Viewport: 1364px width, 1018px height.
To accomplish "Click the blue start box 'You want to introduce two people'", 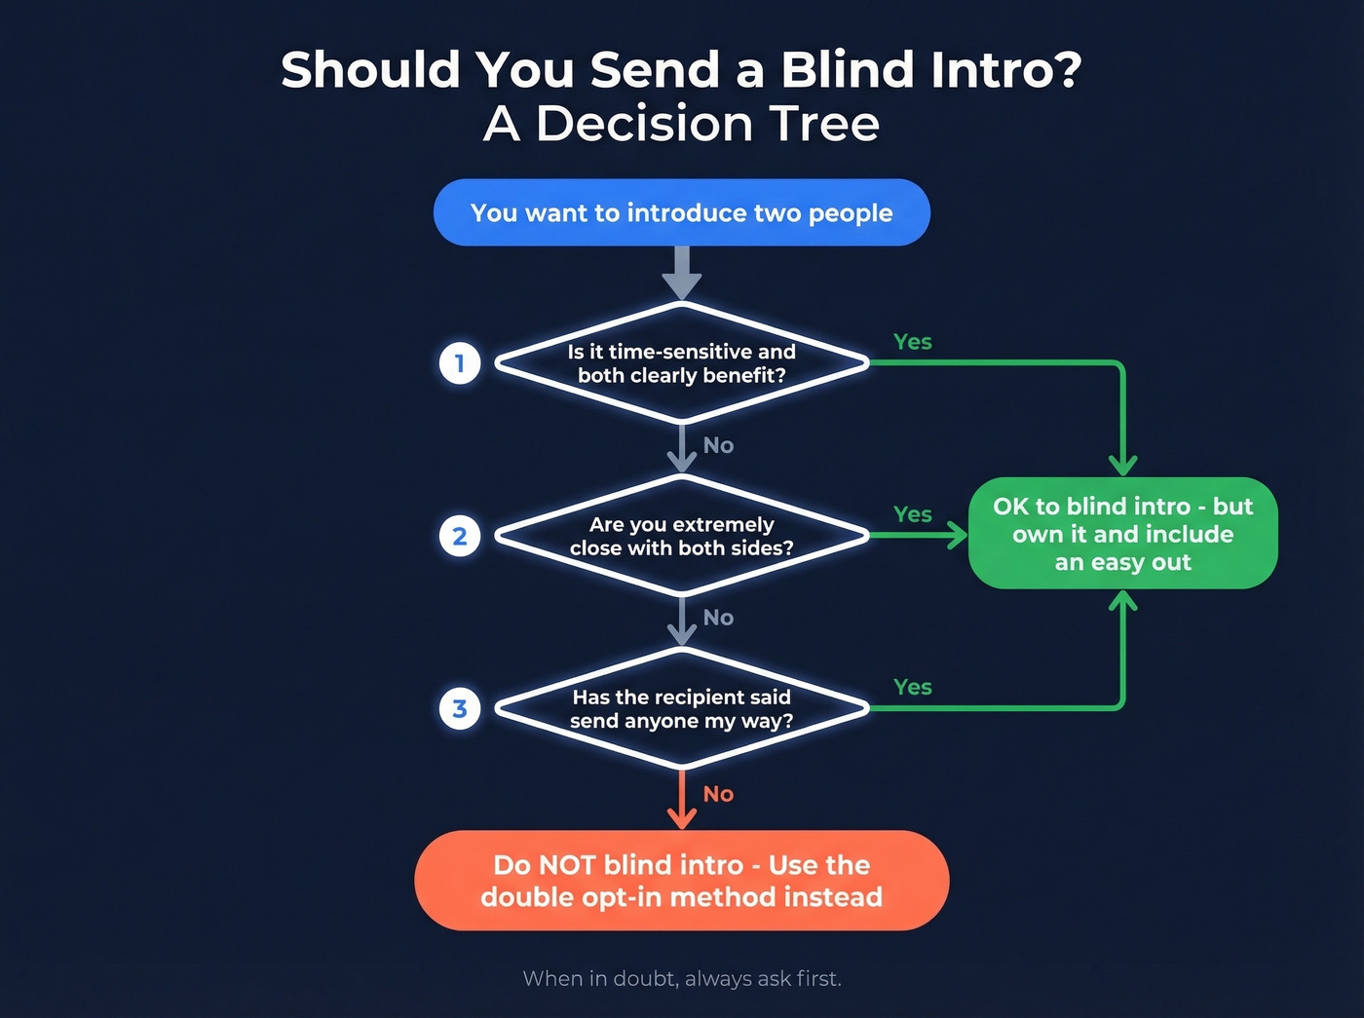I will tap(681, 212).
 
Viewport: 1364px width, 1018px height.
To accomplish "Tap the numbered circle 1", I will tap(460, 363).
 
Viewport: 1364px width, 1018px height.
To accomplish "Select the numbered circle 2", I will tap(460, 536).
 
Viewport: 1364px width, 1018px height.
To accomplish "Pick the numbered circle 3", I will tap(460, 708).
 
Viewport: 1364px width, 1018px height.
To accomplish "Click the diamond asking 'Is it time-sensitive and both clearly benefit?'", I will tap(681, 363).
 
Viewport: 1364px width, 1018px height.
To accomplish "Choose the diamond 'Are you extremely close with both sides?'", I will tap(681, 536).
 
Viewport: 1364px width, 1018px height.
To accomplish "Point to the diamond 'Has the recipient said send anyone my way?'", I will tap(681, 708).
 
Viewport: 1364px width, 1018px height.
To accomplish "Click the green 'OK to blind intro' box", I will tap(1122, 534).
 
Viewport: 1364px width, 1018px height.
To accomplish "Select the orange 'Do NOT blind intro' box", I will tap(681, 881).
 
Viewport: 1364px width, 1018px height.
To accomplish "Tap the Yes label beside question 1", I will tap(913, 342).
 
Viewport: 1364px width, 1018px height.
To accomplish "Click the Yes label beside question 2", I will tap(913, 514).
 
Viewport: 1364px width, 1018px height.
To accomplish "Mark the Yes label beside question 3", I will tap(913, 687).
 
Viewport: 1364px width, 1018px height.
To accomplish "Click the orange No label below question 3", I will tap(718, 794).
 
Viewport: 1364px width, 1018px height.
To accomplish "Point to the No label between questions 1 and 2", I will tap(718, 445).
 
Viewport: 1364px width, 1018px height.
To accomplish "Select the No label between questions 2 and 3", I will tap(718, 618).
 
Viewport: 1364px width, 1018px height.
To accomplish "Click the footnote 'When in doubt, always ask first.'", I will tap(681, 978).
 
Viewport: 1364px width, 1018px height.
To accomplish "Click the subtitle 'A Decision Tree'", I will tap(681, 124).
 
